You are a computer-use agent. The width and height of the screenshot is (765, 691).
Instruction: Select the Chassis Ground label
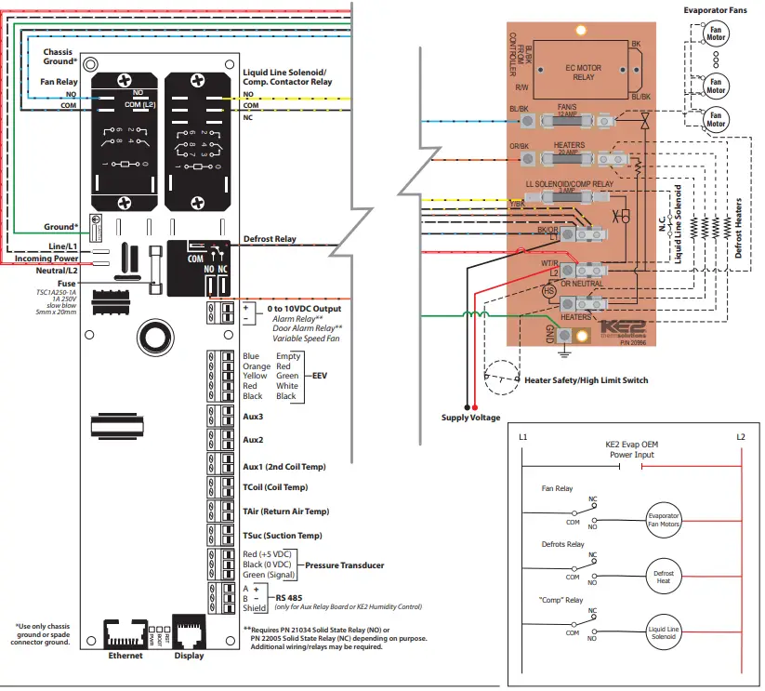click(59, 57)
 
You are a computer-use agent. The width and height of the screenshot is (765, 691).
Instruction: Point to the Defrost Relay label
click(270, 239)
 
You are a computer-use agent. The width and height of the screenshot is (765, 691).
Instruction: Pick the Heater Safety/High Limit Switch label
click(587, 380)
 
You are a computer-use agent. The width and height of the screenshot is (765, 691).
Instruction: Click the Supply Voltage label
click(470, 418)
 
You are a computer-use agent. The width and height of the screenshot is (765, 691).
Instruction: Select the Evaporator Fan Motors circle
click(664, 520)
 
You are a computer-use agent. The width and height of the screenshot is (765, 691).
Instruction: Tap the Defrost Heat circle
click(664, 576)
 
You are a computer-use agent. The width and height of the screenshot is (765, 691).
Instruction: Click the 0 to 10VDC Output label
click(303, 309)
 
